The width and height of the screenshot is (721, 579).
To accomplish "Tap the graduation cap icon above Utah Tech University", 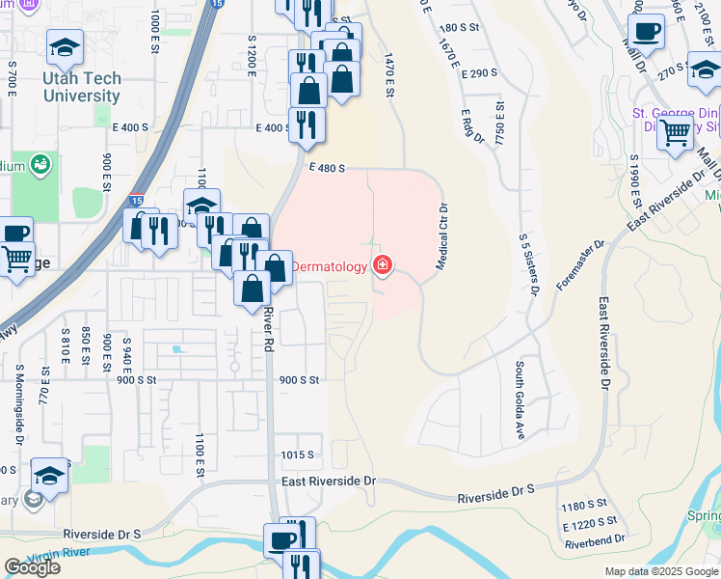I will tap(66, 48).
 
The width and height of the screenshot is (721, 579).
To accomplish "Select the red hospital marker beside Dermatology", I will tap(383, 265).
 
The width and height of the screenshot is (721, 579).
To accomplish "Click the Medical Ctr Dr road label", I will tap(443, 235).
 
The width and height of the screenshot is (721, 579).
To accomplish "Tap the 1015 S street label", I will tap(298, 455).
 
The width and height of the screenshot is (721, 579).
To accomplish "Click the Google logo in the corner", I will tap(32, 567).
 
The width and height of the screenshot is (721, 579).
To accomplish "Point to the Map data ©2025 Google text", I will tap(660, 571).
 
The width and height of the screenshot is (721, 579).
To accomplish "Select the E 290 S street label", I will tap(478, 73).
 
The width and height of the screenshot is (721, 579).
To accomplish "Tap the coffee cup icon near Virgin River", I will tap(282, 540).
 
